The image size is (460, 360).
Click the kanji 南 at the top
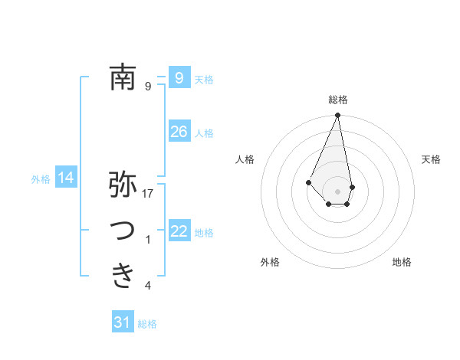point(123,77)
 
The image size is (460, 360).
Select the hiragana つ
point(123,231)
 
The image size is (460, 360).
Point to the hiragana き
point(123,275)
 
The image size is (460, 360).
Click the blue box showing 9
point(179,77)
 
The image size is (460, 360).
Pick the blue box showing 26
point(179,132)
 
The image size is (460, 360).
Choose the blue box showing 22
point(179,231)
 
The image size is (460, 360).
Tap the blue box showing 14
point(66,178)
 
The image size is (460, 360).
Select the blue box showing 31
point(122,322)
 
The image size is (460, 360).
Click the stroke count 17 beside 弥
point(149,194)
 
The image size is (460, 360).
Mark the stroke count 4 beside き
point(148,286)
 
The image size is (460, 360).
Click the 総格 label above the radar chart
point(337,100)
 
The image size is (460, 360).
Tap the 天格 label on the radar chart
point(432,159)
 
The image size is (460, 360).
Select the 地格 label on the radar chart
point(402,262)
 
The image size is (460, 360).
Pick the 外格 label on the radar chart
point(270,262)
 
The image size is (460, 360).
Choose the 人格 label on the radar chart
point(245,159)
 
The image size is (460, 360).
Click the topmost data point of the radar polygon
point(337,116)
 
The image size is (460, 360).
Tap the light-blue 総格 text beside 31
point(147,324)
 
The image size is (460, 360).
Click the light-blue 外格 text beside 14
point(41,179)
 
